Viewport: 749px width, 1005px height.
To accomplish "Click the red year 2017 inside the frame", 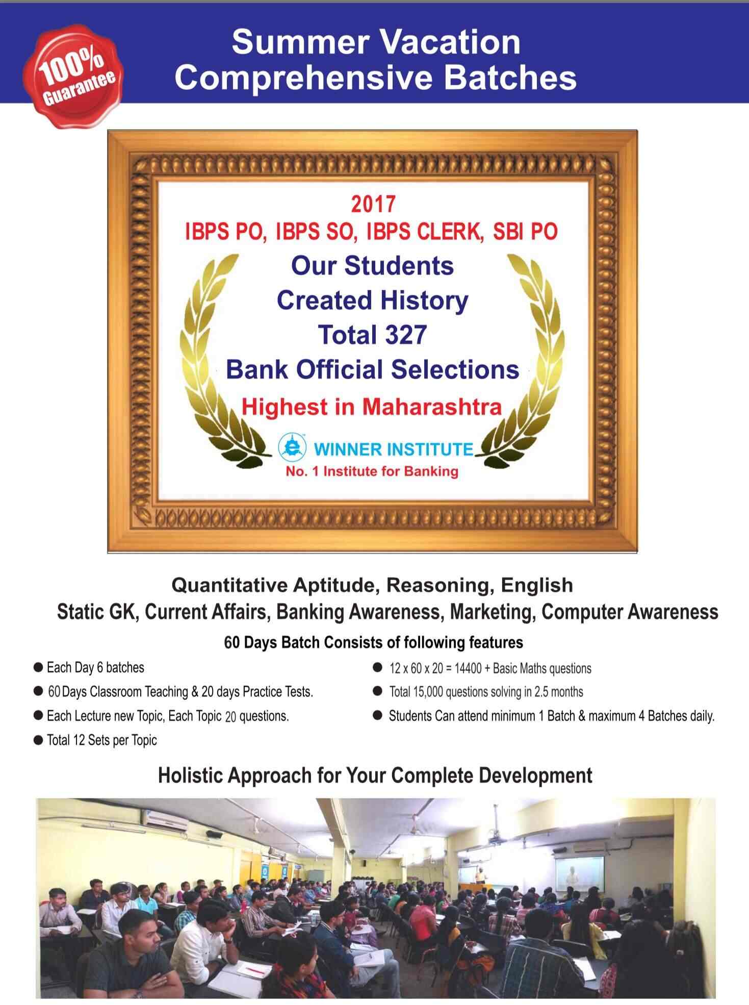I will tap(373, 204).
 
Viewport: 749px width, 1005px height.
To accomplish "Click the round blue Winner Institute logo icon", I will tap(292, 447).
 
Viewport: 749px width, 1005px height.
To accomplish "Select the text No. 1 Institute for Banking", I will tap(372, 471).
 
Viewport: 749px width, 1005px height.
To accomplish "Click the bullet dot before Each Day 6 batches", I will tap(38, 668).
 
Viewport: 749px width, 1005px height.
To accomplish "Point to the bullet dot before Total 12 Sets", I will tap(38, 740).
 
